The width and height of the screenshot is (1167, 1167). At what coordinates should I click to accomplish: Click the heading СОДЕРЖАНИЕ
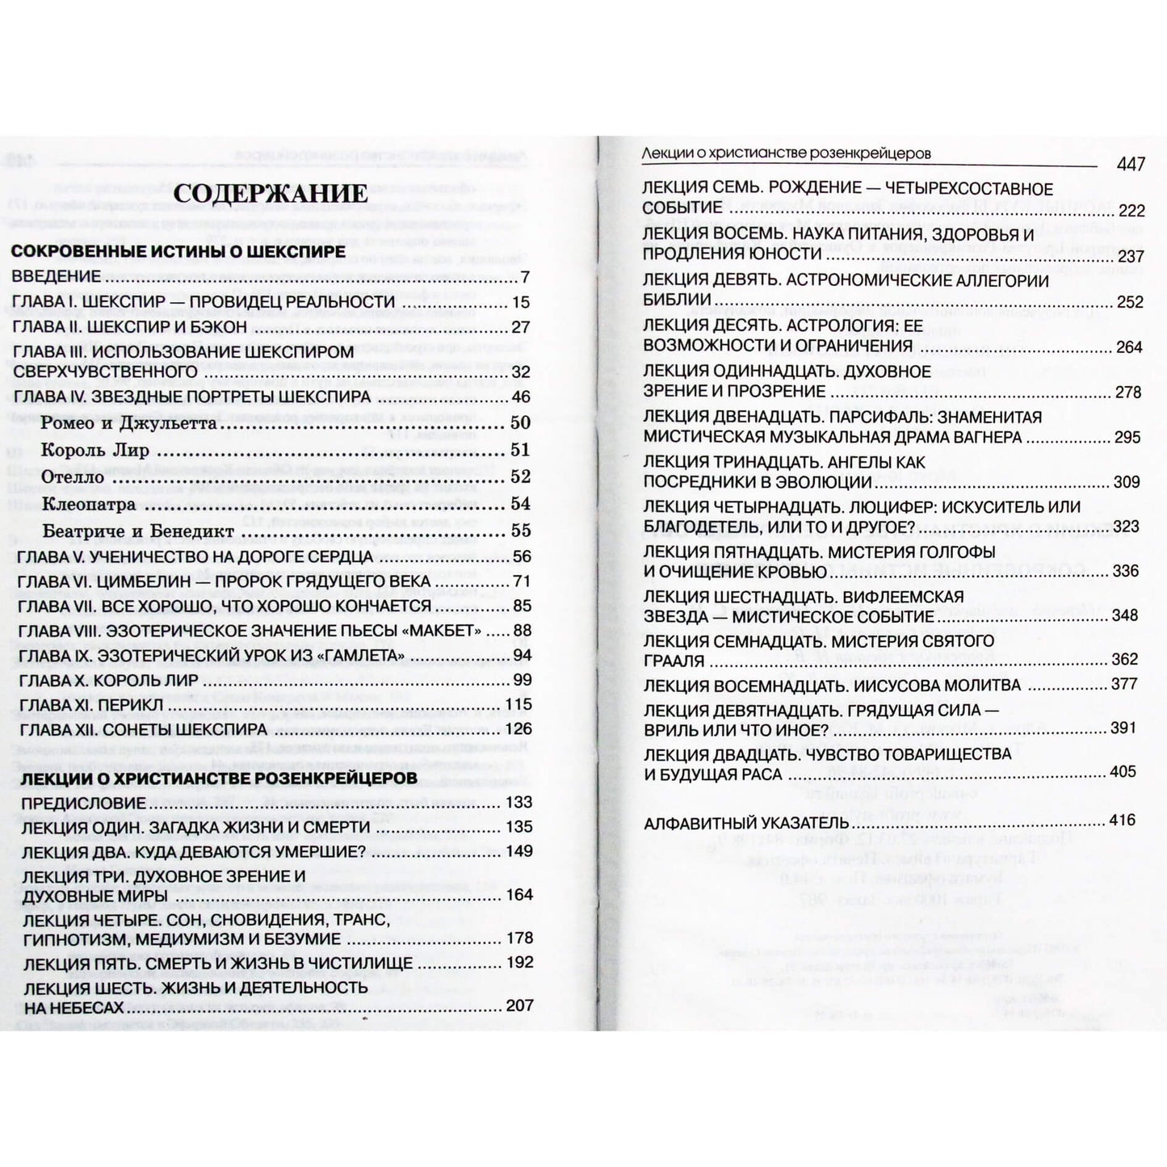coord(271,193)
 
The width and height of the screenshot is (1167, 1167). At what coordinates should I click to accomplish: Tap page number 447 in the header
coord(1131,164)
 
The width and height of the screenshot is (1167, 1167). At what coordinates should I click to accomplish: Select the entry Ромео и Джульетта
coord(128,423)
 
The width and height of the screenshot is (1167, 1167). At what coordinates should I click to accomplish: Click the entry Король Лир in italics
coord(94,451)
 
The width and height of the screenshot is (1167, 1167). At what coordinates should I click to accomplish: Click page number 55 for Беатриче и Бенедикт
coord(521,531)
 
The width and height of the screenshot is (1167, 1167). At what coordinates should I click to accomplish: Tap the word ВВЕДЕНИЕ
coord(56,277)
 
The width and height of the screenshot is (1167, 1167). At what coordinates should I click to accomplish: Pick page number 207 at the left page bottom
coord(519,1006)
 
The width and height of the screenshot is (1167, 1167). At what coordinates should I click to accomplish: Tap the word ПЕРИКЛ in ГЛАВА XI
coord(128,705)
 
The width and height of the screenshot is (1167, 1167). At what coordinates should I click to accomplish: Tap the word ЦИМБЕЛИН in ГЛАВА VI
coord(148,581)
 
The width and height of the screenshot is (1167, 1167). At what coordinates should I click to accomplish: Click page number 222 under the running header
coord(1131,211)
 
